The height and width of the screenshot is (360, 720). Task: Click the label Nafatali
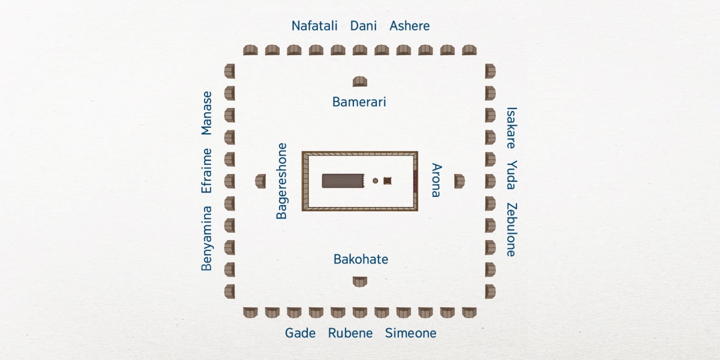click(314, 26)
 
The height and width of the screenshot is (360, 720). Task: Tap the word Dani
click(363, 26)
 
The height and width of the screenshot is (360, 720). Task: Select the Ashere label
click(409, 26)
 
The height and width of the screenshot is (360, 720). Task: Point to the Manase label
click(206, 113)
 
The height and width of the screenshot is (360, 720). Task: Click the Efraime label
click(206, 170)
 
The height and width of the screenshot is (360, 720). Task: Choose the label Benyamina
click(206, 239)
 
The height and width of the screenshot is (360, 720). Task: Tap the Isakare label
click(512, 128)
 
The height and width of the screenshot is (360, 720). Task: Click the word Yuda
click(512, 175)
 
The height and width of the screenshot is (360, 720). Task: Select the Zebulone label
click(512, 229)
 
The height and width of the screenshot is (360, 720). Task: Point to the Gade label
click(300, 333)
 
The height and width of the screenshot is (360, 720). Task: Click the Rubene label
click(350, 333)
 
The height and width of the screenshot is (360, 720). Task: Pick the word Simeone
click(411, 333)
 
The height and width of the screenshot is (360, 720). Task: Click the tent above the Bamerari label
click(359, 82)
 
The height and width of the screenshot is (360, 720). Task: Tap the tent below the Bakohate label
click(359, 281)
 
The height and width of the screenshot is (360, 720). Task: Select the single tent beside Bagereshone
click(260, 181)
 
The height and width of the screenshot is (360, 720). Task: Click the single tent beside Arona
click(460, 181)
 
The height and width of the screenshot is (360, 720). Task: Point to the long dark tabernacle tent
click(343, 181)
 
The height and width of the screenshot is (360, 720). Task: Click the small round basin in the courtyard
click(375, 181)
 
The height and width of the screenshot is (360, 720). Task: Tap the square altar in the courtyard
click(388, 181)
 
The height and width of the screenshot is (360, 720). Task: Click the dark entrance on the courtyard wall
click(415, 181)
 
